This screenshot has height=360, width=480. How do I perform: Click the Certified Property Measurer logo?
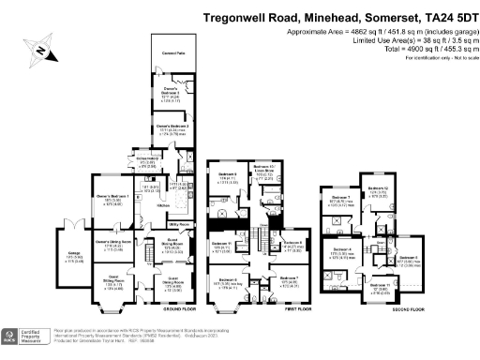coord(29,337)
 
